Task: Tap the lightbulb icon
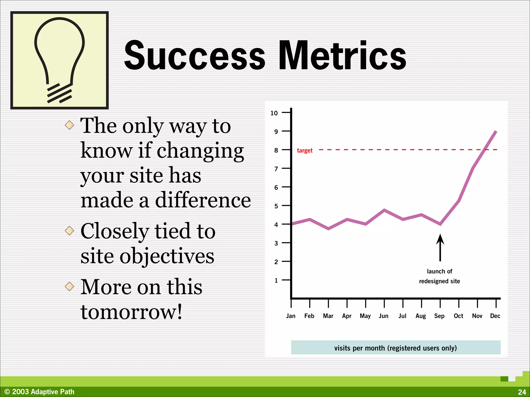[60, 60]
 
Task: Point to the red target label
[305, 150]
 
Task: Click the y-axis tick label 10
[274, 113]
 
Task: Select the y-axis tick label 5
[276, 206]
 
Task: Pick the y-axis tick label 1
[276, 280]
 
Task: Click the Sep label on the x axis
[439, 316]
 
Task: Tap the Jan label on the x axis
[291, 316]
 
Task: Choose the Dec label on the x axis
[495, 316]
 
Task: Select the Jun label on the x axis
[384, 316]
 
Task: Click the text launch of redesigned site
[439, 276]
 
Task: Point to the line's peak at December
[496, 132]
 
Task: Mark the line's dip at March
[328, 229]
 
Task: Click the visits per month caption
[395, 348]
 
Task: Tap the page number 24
[522, 392]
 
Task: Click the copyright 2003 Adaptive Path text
[39, 392]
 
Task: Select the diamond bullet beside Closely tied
[69, 230]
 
